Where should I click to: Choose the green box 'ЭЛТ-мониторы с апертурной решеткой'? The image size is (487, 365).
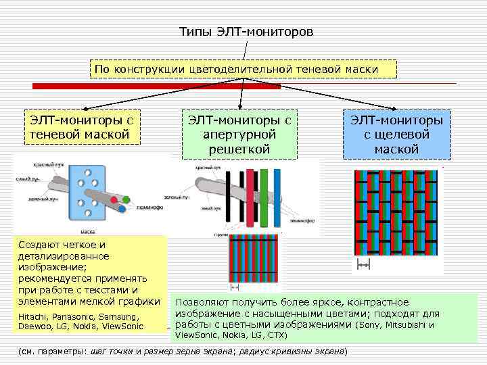pyautogui.click(x=239, y=134)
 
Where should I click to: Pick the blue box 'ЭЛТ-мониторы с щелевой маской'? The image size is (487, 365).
pyautogui.click(x=396, y=134)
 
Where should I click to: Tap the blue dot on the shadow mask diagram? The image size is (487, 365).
pyautogui.click(x=122, y=209)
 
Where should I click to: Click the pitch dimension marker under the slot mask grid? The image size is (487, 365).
pyautogui.click(x=363, y=266)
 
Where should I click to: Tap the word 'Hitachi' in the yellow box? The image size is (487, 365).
pyautogui.click(x=32, y=316)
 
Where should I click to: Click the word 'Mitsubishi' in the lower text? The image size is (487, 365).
pyautogui.click(x=406, y=324)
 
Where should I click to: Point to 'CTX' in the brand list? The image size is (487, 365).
pyautogui.click(x=275, y=335)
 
